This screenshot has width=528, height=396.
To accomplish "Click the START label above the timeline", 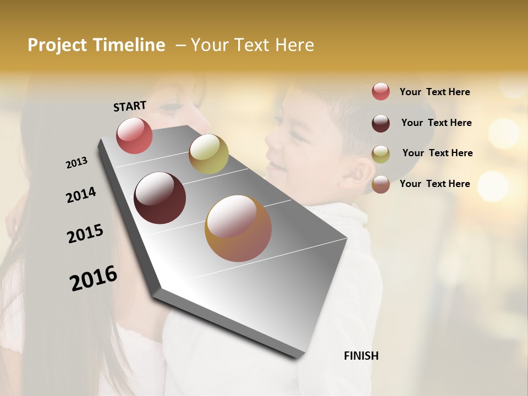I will [130, 106].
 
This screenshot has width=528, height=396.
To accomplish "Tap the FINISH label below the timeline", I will [361, 356].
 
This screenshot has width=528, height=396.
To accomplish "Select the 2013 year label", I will [76, 163].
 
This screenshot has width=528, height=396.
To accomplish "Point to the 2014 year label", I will [81, 195].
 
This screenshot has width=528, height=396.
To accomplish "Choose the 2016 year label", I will [94, 278].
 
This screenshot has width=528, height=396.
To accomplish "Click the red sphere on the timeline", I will [134, 136].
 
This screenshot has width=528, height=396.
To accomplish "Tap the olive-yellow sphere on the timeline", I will [208, 154].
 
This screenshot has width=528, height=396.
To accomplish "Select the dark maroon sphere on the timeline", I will [159, 198].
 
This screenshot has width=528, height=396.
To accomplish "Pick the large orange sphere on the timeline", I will [238, 228].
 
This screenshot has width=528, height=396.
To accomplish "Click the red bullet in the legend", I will [381, 92].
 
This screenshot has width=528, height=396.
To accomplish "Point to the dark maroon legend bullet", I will [381, 123].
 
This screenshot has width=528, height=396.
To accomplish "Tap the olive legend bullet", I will [381, 154].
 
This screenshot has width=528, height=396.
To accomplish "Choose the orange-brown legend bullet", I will [381, 184].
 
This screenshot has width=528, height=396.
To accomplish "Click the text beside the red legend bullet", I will [435, 92].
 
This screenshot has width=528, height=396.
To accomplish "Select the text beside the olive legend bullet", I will [437, 153].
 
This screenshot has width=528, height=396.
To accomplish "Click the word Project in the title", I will [57, 45].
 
